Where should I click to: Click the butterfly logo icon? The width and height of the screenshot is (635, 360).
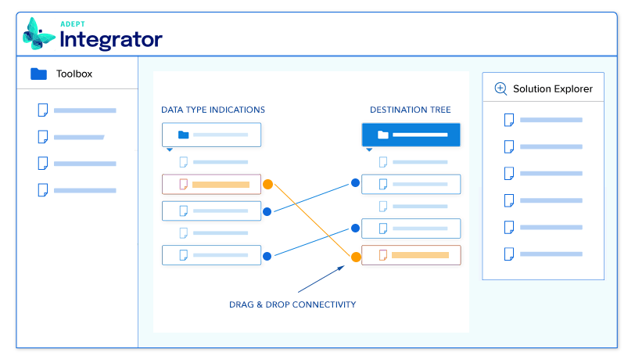click(x=39, y=34)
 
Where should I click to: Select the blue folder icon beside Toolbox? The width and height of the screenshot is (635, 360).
click(x=38, y=74)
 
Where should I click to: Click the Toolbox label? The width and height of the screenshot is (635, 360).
click(x=74, y=74)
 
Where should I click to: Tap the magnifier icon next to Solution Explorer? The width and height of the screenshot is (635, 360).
click(x=500, y=88)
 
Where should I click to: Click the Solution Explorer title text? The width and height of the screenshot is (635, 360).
click(x=552, y=88)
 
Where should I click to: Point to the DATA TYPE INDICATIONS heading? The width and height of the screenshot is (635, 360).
click(x=213, y=110)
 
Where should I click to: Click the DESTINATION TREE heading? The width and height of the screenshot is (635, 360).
click(x=410, y=110)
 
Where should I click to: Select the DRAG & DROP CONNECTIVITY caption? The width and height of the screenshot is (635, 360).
click(x=292, y=304)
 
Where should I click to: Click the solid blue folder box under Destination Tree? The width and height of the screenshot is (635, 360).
click(x=411, y=135)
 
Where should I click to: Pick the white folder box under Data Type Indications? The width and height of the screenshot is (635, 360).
click(x=211, y=135)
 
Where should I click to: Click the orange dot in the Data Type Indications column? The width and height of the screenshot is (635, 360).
click(x=267, y=185)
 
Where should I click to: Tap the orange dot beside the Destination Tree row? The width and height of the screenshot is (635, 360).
click(x=356, y=256)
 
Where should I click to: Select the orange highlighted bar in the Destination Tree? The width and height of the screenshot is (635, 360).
click(x=420, y=255)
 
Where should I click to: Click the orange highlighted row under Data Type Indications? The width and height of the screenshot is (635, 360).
click(x=211, y=185)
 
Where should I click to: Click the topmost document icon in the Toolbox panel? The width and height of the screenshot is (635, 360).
click(x=43, y=110)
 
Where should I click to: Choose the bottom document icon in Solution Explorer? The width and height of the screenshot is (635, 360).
click(x=509, y=254)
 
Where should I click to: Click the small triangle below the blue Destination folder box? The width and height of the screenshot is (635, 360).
click(x=370, y=149)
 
